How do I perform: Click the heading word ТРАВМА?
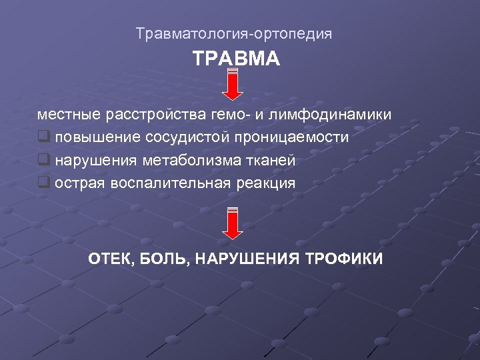tap(236, 59)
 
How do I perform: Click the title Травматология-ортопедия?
tap(233, 33)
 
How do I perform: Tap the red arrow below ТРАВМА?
tap(232, 83)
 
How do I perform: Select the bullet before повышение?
tap(44, 137)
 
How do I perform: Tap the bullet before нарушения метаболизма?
tap(44, 160)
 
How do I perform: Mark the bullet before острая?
tap(44, 183)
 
